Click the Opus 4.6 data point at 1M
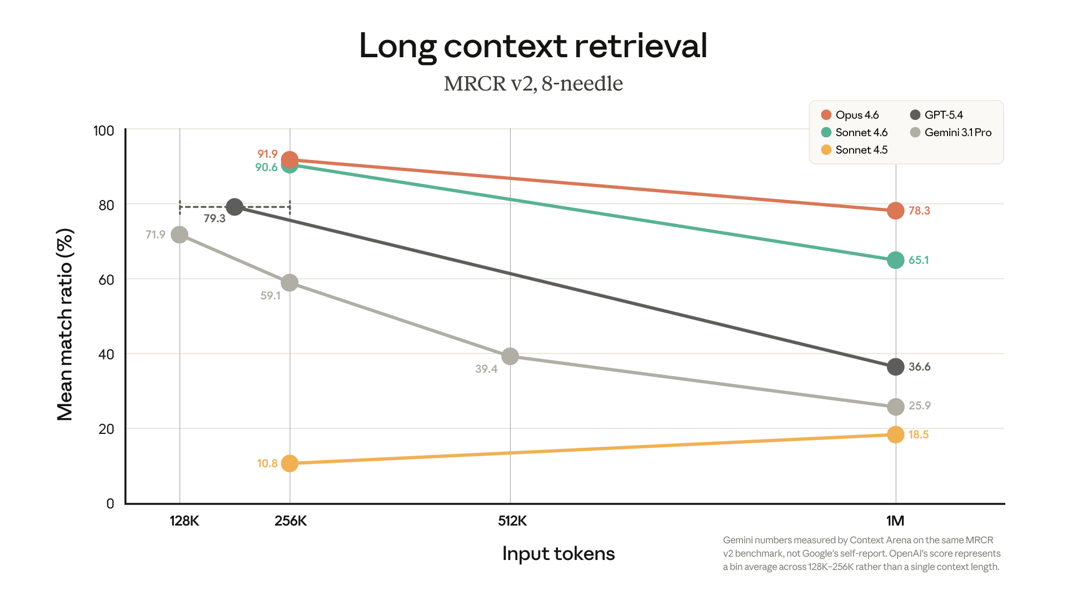click(895, 211)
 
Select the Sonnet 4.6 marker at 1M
click(895, 260)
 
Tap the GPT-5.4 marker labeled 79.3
click(235, 207)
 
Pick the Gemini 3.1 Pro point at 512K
click(510, 356)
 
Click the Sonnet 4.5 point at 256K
click(290, 463)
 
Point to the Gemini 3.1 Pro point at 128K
click(180, 234)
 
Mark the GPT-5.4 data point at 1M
click(895, 367)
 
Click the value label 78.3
click(919, 211)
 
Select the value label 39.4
click(486, 369)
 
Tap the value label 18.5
click(919, 434)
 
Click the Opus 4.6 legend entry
click(850, 115)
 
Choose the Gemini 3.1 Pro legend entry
click(951, 132)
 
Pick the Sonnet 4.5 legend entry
click(854, 150)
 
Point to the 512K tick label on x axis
click(512, 521)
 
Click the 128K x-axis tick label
click(185, 521)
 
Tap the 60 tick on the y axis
click(106, 279)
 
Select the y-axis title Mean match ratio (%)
click(65, 324)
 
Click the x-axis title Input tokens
click(559, 553)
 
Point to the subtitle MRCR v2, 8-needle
click(533, 83)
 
